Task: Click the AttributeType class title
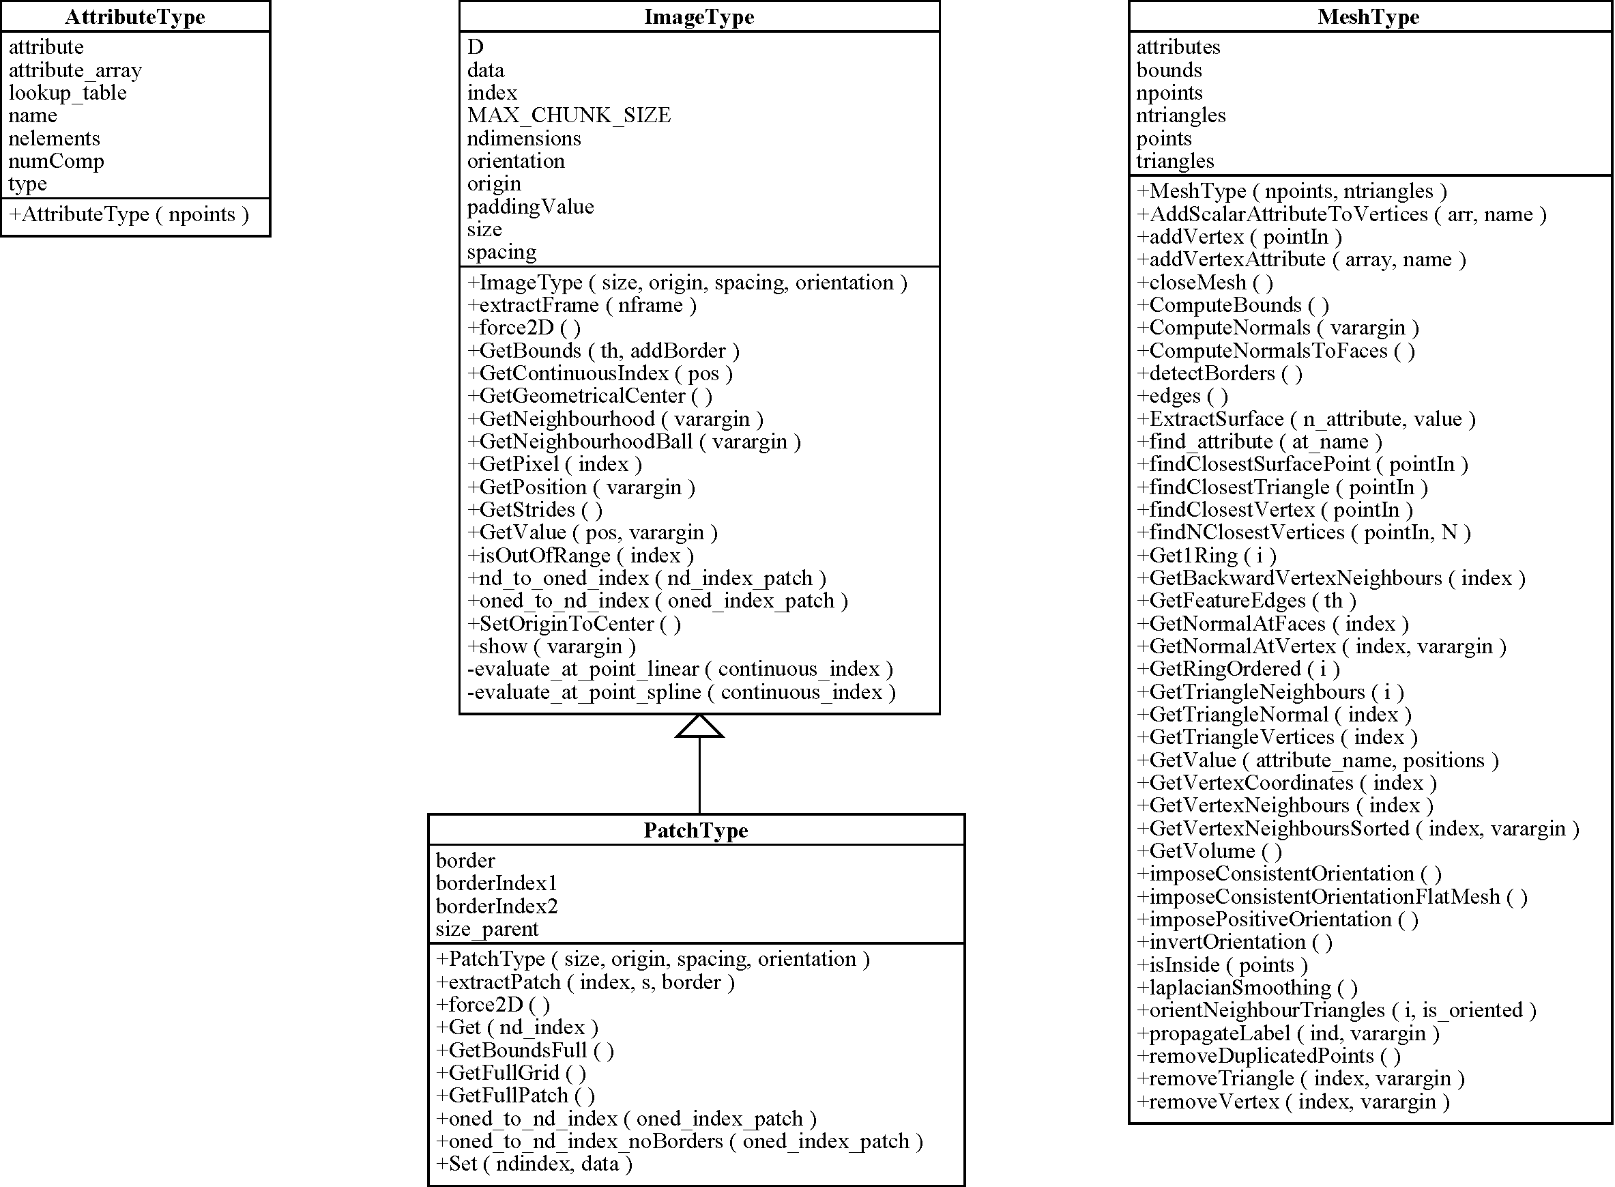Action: [135, 16]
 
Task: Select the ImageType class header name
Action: [699, 16]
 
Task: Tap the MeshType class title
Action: [1369, 16]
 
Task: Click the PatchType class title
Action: [696, 830]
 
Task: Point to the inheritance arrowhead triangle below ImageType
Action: [699, 726]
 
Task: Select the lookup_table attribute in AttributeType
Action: [68, 93]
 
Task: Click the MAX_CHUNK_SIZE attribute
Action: [569, 115]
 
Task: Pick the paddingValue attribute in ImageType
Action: [531, 207]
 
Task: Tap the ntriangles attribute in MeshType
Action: [1181, 115]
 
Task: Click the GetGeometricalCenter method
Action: [590, 396]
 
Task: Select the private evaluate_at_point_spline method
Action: [682, 692]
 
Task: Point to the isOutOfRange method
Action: [580, 556]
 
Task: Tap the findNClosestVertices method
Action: [1304, 532]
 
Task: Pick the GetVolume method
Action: [1209, 851]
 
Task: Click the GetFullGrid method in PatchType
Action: [511, 1074]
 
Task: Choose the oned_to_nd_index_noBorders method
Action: [680, 1142]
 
